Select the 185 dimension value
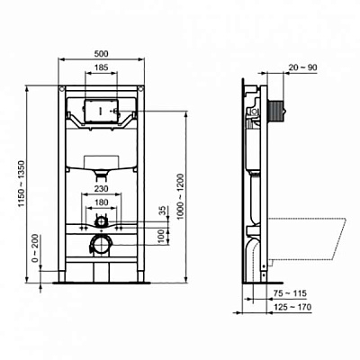coord(101,68)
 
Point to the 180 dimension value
coord(101,202)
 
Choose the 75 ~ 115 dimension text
coord(291,294)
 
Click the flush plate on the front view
coord(101,113)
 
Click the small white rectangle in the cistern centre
coord(101,166)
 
